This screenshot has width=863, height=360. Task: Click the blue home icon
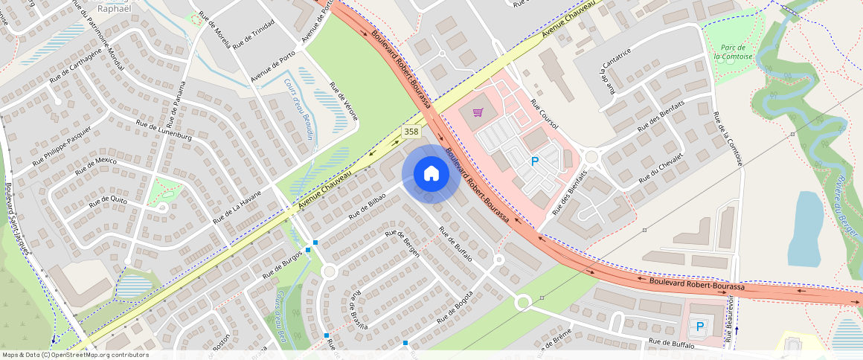[x=431, y=174]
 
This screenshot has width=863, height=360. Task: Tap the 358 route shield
[x=410, y=132]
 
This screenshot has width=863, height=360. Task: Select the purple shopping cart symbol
[x=478, y=113]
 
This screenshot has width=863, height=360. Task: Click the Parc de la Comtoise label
[x=728, y=52]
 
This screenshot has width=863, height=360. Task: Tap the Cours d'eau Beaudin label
[x=299, y=111]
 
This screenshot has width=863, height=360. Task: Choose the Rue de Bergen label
[x=402, y=244]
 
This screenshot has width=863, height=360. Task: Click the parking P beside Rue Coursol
[x=534, y=161]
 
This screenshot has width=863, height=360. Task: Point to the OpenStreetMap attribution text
[x=74, y=355]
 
